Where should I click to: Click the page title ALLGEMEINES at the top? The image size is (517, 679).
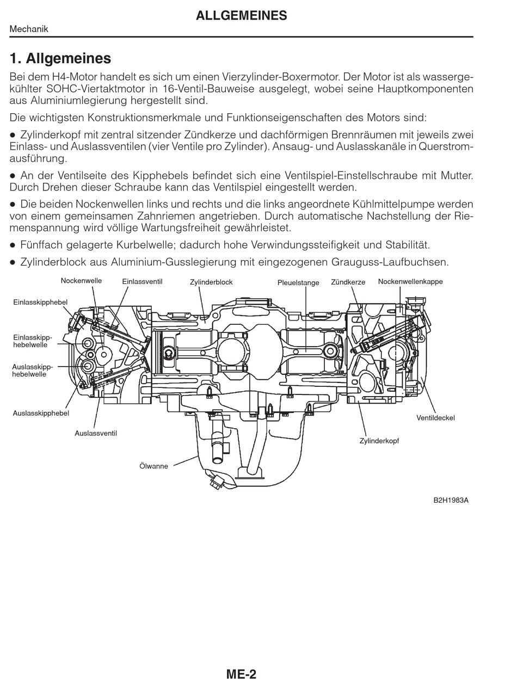point(241,16)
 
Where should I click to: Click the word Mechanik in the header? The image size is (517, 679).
point(29,29)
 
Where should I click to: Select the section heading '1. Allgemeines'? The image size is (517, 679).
point(60,58)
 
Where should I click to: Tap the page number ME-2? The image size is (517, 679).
point(241,674)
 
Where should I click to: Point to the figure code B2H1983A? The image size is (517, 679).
point(451,501)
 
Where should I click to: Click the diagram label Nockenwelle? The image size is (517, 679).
point(81,281)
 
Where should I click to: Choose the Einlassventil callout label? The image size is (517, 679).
point(142,281)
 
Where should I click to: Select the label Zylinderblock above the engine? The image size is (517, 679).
point(211,282)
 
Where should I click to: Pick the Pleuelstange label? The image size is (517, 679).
point(298,282)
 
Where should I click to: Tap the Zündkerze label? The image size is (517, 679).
point(348,282)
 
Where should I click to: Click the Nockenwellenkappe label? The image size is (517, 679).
point(410,281)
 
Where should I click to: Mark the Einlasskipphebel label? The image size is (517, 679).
point(41,301)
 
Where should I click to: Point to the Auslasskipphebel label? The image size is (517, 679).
point(41,413)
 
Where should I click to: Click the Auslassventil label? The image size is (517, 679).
point(96,433)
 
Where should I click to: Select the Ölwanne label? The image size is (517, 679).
point(153,466)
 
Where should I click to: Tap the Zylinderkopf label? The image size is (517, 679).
point(379,441)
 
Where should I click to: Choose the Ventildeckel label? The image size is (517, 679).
point(435,418)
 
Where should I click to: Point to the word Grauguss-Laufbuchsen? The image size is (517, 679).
point(390,262)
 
